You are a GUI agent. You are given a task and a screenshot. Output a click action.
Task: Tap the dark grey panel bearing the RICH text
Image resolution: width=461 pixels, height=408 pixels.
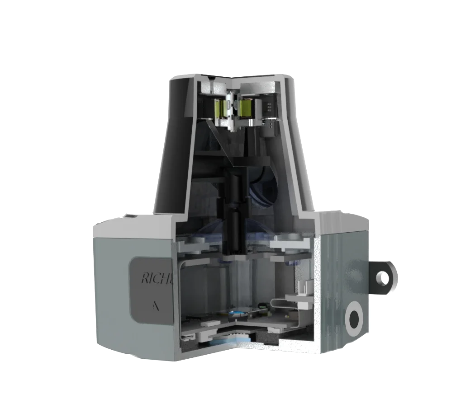tap(152, 291)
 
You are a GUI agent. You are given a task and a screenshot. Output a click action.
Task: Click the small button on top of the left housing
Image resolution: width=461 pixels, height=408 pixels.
tap(131, 216)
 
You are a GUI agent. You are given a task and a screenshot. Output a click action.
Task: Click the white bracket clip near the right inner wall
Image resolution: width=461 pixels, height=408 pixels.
tap(306, 286)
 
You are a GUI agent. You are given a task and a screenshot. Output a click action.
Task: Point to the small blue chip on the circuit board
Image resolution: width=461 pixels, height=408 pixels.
tap(236, 312)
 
